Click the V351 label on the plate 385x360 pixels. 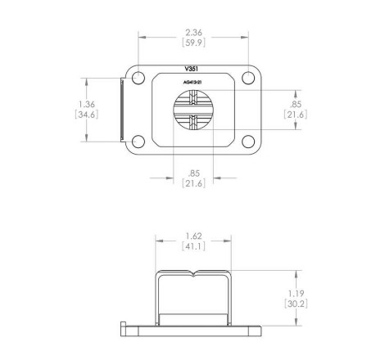(192, 69)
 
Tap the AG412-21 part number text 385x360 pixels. (192, 82)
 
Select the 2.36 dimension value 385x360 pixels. (193, 33)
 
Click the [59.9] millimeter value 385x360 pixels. (193, 43)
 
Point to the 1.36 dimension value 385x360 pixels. (87, 104)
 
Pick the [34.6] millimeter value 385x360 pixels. (87, 115)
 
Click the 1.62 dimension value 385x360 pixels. (193, 236)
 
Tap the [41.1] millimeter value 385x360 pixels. (193, 246)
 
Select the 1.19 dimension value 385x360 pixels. (296, 294)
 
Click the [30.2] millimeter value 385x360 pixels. (296, 304)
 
